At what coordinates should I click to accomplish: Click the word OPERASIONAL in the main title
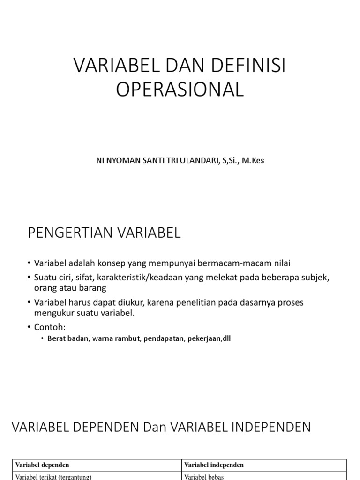point(180,90)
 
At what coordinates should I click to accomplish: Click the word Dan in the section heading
point(154,427)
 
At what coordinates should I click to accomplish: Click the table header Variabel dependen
point(42,465)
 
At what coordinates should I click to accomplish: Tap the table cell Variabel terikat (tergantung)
point(53,477)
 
